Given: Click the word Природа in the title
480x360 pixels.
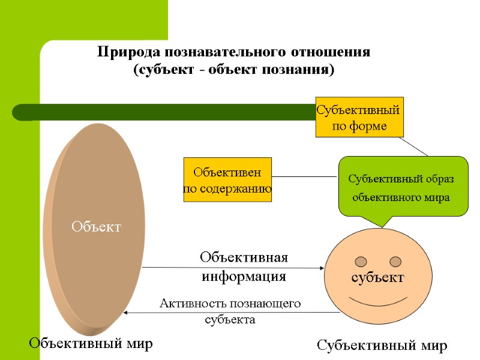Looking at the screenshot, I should point(125,52).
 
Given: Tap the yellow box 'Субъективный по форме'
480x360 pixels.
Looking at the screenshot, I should point(359,118).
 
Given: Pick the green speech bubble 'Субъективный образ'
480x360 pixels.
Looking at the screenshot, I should point(403,185).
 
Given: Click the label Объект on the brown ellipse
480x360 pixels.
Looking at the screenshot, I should point(97,227).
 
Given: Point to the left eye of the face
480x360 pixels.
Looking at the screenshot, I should point(361,261).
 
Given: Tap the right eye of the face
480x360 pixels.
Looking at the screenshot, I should point(395,261).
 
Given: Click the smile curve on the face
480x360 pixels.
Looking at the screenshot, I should point(378,300).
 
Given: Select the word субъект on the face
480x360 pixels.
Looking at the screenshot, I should point(378,278).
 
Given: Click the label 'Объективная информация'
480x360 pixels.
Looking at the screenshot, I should point(244,267).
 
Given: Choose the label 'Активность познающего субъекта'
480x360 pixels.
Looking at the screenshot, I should point(230,311).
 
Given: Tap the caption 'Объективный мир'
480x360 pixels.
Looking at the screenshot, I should point(91,343).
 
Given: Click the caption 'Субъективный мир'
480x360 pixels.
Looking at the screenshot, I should point(382,346).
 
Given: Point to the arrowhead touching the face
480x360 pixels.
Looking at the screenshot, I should point(321,268).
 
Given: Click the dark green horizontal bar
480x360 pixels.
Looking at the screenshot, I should point(162,112).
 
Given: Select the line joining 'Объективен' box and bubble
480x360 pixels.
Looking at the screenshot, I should point(305,177).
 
